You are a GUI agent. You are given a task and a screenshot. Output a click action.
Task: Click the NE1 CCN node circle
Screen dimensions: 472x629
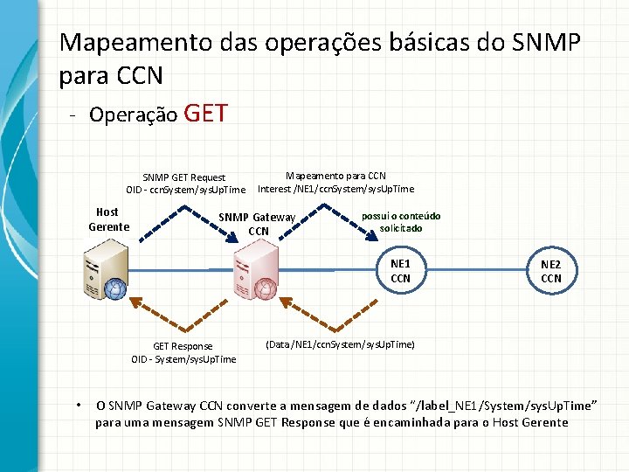pos(400,271)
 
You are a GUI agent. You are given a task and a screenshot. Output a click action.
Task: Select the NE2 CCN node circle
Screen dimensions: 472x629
pos(550,271)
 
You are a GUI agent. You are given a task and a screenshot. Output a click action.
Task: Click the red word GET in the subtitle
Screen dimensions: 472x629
pos(207,114)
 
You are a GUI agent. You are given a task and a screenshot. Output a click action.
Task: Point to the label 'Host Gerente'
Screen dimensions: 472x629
pos(107,219)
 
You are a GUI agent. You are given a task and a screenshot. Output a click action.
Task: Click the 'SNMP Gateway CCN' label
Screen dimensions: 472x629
pos(257,224)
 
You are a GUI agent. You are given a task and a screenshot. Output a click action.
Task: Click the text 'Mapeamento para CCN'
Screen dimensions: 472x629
pos(335,176)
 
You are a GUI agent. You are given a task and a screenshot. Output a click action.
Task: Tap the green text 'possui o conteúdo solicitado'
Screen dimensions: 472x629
pos(401,222)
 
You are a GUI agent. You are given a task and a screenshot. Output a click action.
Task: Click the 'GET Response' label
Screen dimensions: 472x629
pos(183,346)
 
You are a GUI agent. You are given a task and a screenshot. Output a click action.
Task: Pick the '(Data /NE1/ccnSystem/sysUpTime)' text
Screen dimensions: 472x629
pos(340,344)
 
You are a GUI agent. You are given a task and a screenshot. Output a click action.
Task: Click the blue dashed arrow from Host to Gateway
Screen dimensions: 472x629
pos(166,220)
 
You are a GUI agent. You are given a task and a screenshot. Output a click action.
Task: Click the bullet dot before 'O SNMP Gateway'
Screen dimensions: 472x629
pos(79,405)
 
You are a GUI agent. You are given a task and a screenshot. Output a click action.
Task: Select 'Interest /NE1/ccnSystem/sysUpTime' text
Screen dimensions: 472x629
pos(335,189)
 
